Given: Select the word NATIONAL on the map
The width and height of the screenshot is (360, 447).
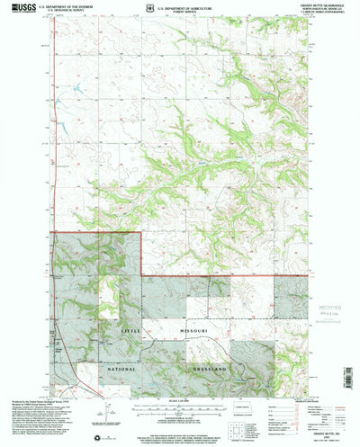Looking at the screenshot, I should (x=117, y=369).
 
